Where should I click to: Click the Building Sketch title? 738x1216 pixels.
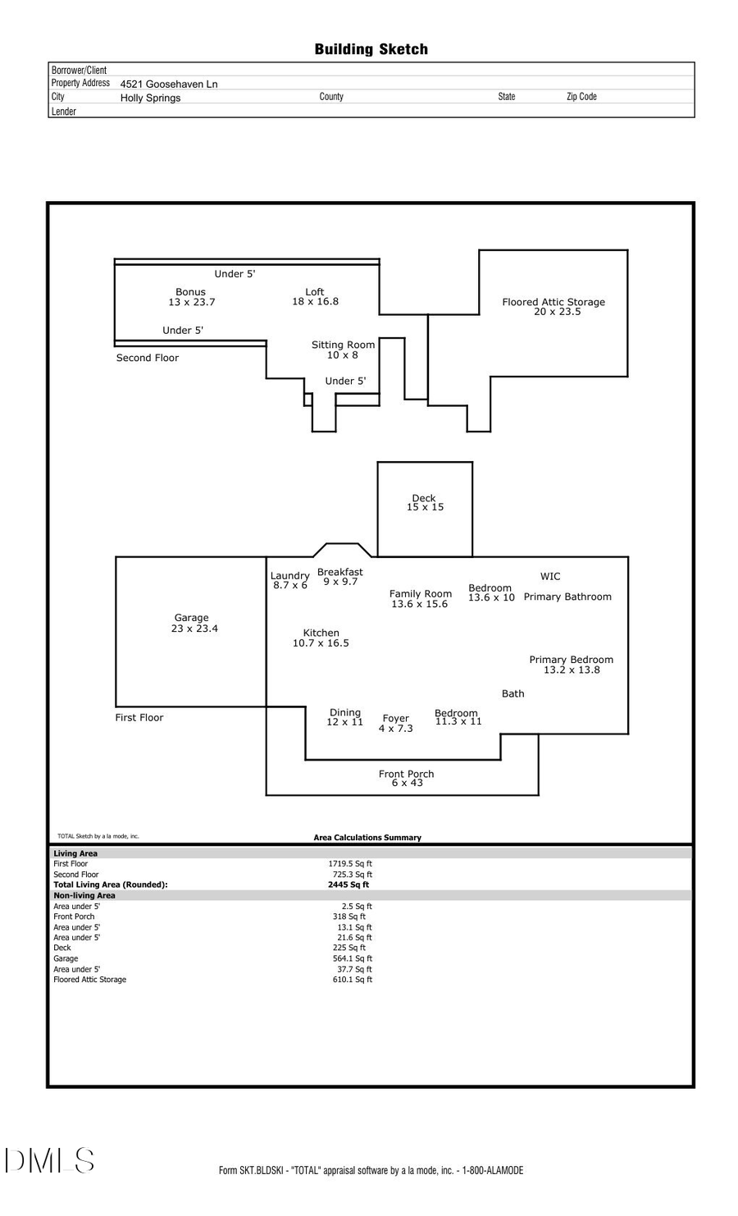click(371, 49)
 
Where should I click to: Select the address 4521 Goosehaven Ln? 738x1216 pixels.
click(169, 84)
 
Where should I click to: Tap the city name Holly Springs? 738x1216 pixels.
click(150, 98)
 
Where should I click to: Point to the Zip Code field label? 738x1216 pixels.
click(581, 97)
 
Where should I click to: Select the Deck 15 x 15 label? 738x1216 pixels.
click(425, 503)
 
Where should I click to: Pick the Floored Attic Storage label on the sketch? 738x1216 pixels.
click(553, 307)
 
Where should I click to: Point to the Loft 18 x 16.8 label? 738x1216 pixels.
click(315, 297)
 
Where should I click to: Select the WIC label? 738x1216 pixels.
click(550, 577)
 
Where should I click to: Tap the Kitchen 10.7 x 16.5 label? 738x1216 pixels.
click(321, 638)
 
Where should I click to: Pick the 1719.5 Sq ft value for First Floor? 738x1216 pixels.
click(352, 864)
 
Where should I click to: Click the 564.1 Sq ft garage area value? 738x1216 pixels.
click(352, 958)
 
